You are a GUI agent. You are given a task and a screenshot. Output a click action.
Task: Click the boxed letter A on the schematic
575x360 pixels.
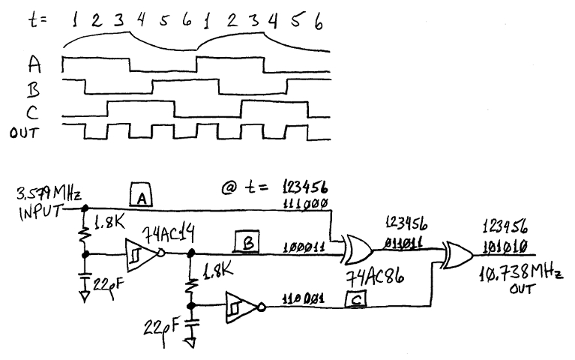pyautogui.click(x=142, y=196)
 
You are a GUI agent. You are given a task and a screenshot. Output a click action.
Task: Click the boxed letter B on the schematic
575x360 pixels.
pyautogui.click(x=247, y=242)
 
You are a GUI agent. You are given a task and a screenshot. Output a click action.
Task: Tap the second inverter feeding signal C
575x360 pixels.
pyautogui.click(x=241, y=306)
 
